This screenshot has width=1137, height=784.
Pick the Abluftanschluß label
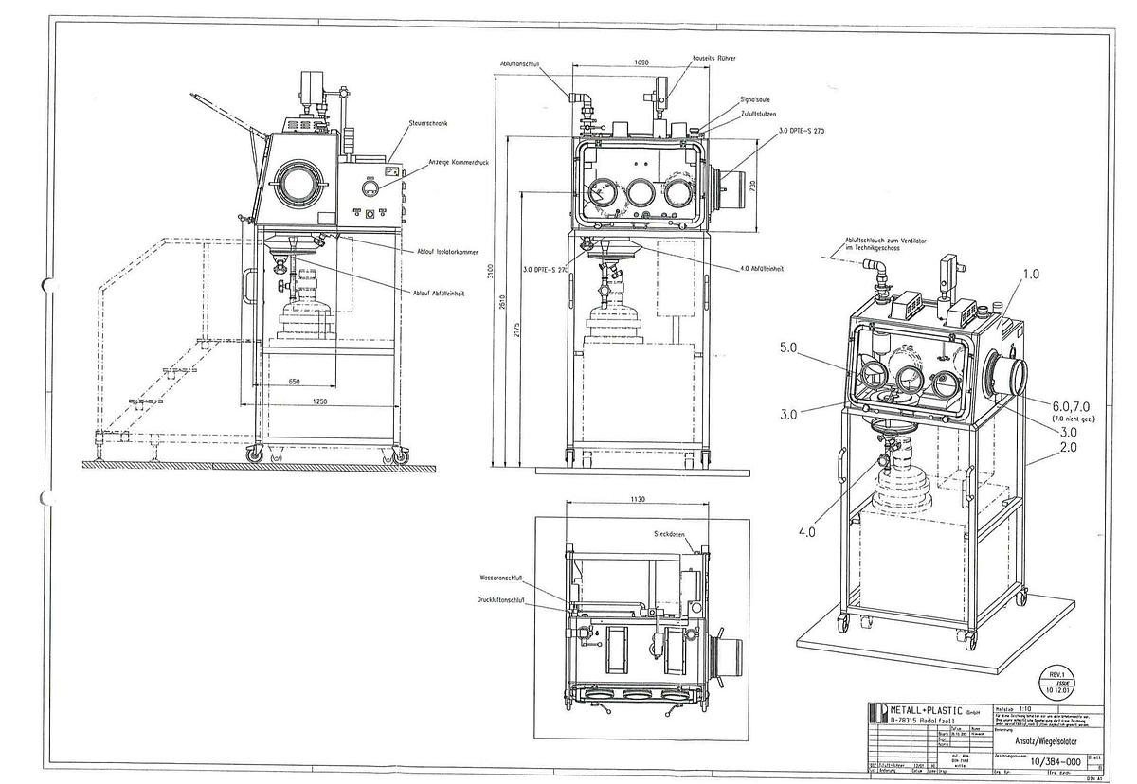(x=520, y=64)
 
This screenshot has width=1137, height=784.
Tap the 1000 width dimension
(x=641, y=62)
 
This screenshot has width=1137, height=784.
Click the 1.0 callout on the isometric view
(x=1031, y=275)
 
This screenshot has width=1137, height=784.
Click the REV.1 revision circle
(x=1053, y=681)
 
